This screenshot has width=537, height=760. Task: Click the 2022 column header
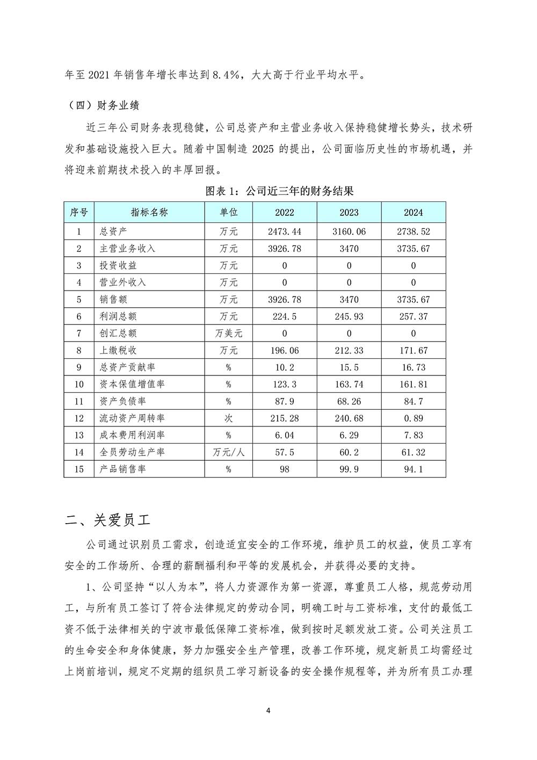pyautogui.click(x=284, y=212)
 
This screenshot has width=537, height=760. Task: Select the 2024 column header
pyautogui.click(x=413, y=212)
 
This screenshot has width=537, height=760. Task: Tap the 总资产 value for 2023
pyautogui.click(x=349, y=231)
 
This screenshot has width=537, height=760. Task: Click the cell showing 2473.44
pyautogui.click(x=284, y=231)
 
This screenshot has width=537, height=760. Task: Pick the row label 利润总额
pyautogui.click(x=118, y=316)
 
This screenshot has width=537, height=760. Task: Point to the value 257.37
pyautogui.click(x=413, y=316)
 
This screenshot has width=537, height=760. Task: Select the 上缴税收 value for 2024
pyautogui.click(x=413, y=350)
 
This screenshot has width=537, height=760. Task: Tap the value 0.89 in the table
pyautogui.click(x=413, y=418)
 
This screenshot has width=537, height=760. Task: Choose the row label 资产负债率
pyautogui.click(x=123, y=401)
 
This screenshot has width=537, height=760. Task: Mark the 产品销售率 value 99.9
pyautogui.click(x=349, y=469)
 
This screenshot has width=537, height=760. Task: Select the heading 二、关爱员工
pyautogui.click(x=107, y=520)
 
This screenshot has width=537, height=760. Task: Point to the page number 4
pyautogui.click(x=268, y=711)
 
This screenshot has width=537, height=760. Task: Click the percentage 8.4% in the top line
pyautogui.click(x=225, y=75)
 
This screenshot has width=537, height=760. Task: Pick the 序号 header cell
pyautogui.click(x=78, y=212)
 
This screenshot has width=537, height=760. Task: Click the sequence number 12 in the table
pyautogui.click(x=78, y=418)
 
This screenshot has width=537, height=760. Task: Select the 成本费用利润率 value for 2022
pyautogui.click(x=284, y=435)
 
